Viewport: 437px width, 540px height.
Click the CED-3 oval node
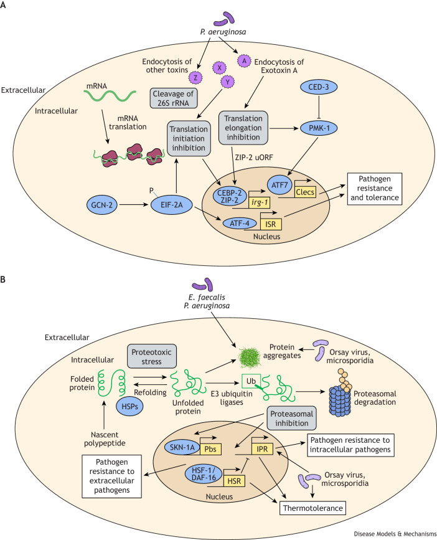(319, 87)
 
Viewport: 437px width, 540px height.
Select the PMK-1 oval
(319, 128)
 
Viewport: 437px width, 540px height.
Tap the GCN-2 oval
(101, 205)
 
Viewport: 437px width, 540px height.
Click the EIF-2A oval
(171, 205)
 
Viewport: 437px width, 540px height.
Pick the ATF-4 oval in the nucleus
(240, 223)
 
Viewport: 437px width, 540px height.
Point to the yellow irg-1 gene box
(259, 202)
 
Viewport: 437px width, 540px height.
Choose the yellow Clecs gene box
(305, 192)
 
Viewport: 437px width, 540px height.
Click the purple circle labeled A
(244, 61)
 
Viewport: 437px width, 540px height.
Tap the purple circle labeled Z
(196, 77)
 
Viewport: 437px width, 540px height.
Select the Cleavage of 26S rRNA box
(174, 98)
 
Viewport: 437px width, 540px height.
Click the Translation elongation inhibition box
(243, 128)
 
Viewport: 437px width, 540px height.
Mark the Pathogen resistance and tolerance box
(374, 188)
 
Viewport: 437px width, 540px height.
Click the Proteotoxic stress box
(152, 356)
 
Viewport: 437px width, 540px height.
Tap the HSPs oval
(129, 406)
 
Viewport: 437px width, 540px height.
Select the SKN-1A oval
(182, 448)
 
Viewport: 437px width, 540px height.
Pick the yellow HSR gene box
(234, 481)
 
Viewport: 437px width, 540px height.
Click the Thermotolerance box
(312, 508)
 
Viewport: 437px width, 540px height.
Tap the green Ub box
(251, 381)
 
